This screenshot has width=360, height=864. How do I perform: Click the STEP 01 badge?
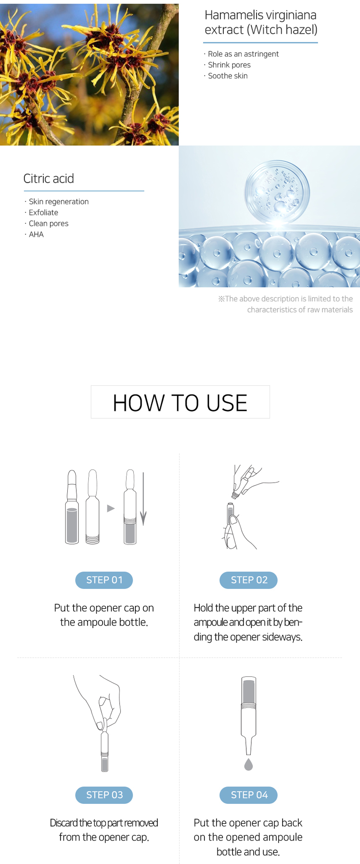tap(104, 580)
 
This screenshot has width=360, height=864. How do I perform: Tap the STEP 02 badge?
tap(248, 580)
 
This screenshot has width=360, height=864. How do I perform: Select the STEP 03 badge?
tap(104, 795)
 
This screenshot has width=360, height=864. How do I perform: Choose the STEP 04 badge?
tap(248, 795)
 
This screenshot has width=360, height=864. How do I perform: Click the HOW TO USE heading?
tap(180, 402)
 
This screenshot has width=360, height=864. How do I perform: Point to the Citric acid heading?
tap(49, 179)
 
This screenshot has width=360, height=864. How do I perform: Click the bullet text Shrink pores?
tap(229, 65)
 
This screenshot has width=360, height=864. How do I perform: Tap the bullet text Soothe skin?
tap(228, 76)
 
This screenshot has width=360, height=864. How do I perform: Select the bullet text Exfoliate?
tap(43, 212)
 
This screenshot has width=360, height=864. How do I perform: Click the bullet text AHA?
tap(36, 234)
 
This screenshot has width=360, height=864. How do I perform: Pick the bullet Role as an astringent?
tap(243, 54)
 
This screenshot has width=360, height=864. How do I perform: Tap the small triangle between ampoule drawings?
tap(111, 508)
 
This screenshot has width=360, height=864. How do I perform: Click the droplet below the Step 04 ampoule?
tap(248, 765)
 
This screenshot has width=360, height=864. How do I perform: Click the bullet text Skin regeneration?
tap(58, 202)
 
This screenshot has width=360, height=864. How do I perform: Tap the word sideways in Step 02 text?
tap(282, 637)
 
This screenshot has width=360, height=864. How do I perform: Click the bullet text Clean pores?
tap(48, 224)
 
